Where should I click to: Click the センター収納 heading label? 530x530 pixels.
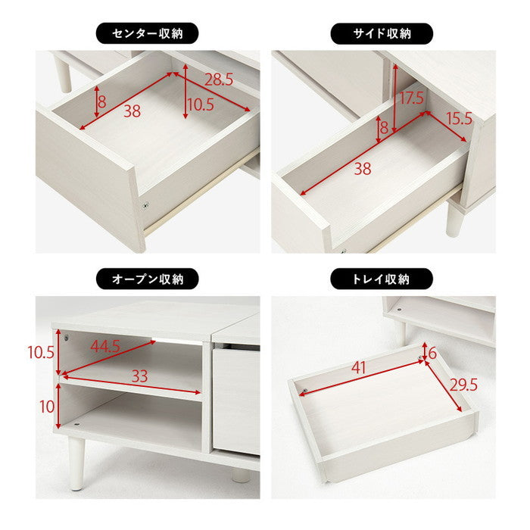(x=148, y=33)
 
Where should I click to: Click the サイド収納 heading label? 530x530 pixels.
(x=382, y=33)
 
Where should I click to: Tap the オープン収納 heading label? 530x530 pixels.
(x=148, y=279)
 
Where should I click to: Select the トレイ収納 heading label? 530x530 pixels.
(x=382, y=279)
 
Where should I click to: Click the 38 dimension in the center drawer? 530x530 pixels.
(x=132, y=111)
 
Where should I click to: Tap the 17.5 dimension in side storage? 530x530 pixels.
(x=413, y=97)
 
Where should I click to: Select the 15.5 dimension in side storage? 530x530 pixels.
(x=460, y=119)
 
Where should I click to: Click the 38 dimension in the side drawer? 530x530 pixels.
(x=363, y=170)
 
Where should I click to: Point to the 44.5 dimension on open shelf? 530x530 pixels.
(x=107, y=347)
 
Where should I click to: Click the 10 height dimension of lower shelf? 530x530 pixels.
(x=47, y=406)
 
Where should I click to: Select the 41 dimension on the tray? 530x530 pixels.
(x=361, y=369)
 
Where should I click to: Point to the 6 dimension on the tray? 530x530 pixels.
(x=432, y=352)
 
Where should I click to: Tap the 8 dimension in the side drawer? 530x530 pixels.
(x=384, y=129)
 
